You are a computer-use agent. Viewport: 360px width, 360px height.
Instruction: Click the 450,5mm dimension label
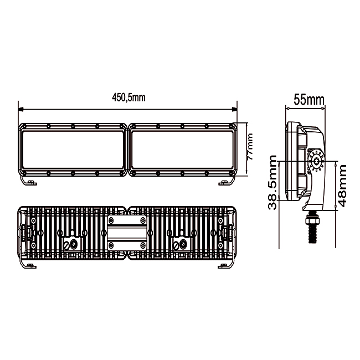(x=128, y=98)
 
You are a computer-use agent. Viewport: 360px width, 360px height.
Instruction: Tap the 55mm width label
(x=309, y=100)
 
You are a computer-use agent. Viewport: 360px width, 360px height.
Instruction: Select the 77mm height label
(x=249, y=146)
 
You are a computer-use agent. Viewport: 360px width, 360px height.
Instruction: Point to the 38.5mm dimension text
(x=272, y=183)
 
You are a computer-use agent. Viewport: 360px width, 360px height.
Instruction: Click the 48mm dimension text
(x=342, y=186)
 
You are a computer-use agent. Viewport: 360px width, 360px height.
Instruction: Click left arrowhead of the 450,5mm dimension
(x=21, y=109)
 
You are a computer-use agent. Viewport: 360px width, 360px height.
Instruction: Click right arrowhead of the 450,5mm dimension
(x=234, y=109)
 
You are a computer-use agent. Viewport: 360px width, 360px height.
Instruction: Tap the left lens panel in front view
(x=72, y=150)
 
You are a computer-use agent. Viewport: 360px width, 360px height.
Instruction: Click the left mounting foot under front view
(x=28, y=181)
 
